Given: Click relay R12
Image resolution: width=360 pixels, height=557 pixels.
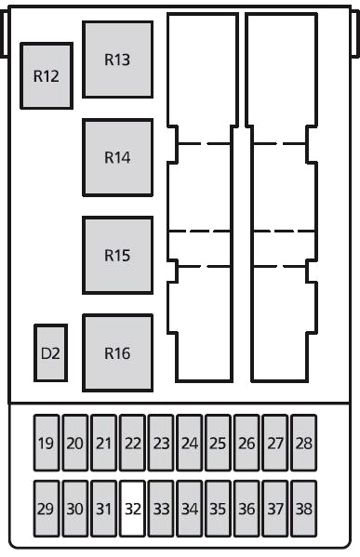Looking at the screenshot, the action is [47, 75].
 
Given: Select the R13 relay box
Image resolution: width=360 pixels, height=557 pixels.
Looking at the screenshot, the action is [117, 60].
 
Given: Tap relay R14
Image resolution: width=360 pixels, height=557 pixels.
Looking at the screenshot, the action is [117, 157].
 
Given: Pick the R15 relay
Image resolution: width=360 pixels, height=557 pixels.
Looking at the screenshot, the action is [117, 255].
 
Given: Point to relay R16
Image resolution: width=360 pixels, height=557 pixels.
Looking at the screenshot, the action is [117, 353].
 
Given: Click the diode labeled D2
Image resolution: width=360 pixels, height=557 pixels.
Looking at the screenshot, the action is [50, 353].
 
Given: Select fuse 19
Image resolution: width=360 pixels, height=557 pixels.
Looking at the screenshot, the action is [47, 443].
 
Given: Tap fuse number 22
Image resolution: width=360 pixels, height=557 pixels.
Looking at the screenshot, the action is [132, 443].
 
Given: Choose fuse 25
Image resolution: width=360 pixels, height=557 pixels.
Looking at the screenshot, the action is [218, 443].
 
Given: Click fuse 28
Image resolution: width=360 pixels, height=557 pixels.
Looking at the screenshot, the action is [304, 443].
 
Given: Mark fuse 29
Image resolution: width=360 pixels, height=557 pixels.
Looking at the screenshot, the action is [47, 509].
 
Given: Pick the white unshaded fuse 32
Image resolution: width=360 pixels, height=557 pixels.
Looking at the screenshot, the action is [132, 509].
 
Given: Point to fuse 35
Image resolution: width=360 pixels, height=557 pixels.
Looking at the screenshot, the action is [218, 509].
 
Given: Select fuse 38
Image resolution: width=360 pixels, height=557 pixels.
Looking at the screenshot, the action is [304, 509].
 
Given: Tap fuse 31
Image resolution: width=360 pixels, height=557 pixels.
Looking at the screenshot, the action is [103, 509].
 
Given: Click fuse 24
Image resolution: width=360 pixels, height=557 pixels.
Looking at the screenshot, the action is [190, 443].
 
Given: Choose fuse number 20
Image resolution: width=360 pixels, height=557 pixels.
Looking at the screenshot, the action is [75, 443].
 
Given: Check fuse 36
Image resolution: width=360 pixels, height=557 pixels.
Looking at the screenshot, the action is [247, 509].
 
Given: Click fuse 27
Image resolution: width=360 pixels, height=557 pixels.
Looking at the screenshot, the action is [275, 443].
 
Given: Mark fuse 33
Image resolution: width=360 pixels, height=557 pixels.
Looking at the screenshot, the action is [161, 509].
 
